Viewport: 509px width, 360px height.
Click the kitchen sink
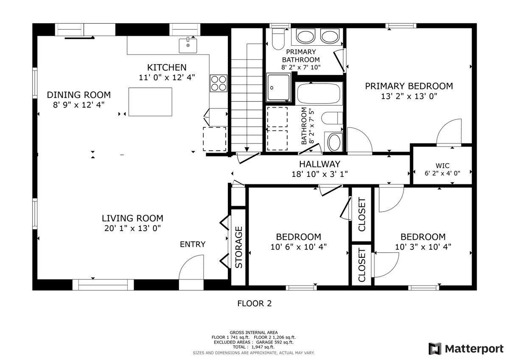pyautogui.click(x=188, y=46)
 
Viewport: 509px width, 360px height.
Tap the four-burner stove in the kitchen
pyautogui.click(x=218, y=84)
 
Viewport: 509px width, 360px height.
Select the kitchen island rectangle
pyautogui.click(x=150, y=102)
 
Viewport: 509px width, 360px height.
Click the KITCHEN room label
pyautogui.click(x=167, y=67)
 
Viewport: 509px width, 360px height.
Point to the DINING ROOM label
pyautogui.click(x=79, y=95)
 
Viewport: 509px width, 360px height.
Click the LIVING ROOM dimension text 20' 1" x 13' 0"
pyautogui.click(x=132, y=228)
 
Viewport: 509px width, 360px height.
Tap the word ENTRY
pyautogui.click(x=193, y=244)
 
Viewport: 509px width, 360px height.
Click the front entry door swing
pyautogui.click(x=191, y=267)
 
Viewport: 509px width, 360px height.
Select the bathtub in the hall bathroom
pyautogui.click(x=319, y=94)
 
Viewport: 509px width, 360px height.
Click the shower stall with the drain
pyautogui.click(x=279, y=88)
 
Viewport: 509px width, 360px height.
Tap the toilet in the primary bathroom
pyautogui.click(x=278, y=39)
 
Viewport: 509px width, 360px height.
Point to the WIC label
pyautogui.click(x=442, y=165)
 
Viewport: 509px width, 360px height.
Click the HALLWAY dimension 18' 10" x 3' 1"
pyautogui.click(x=320, y=174)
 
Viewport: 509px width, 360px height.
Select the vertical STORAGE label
pyautogui.click(x=238, y=247)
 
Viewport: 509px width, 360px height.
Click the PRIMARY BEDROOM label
pyautogui.click(x=409, y=87)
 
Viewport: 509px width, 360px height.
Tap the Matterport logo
pyautogui.click(x=466, y=349)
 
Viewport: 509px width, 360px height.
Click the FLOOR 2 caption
pyautogui.click(x=255, y=304)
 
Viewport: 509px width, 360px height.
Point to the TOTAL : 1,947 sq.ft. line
pyautogui.click(x=254, y=347)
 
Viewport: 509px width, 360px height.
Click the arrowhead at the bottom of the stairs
pyautogui.click(x=247, y=149)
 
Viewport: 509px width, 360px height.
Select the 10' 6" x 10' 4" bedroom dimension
pyautogui.click(x=299, y=247)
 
